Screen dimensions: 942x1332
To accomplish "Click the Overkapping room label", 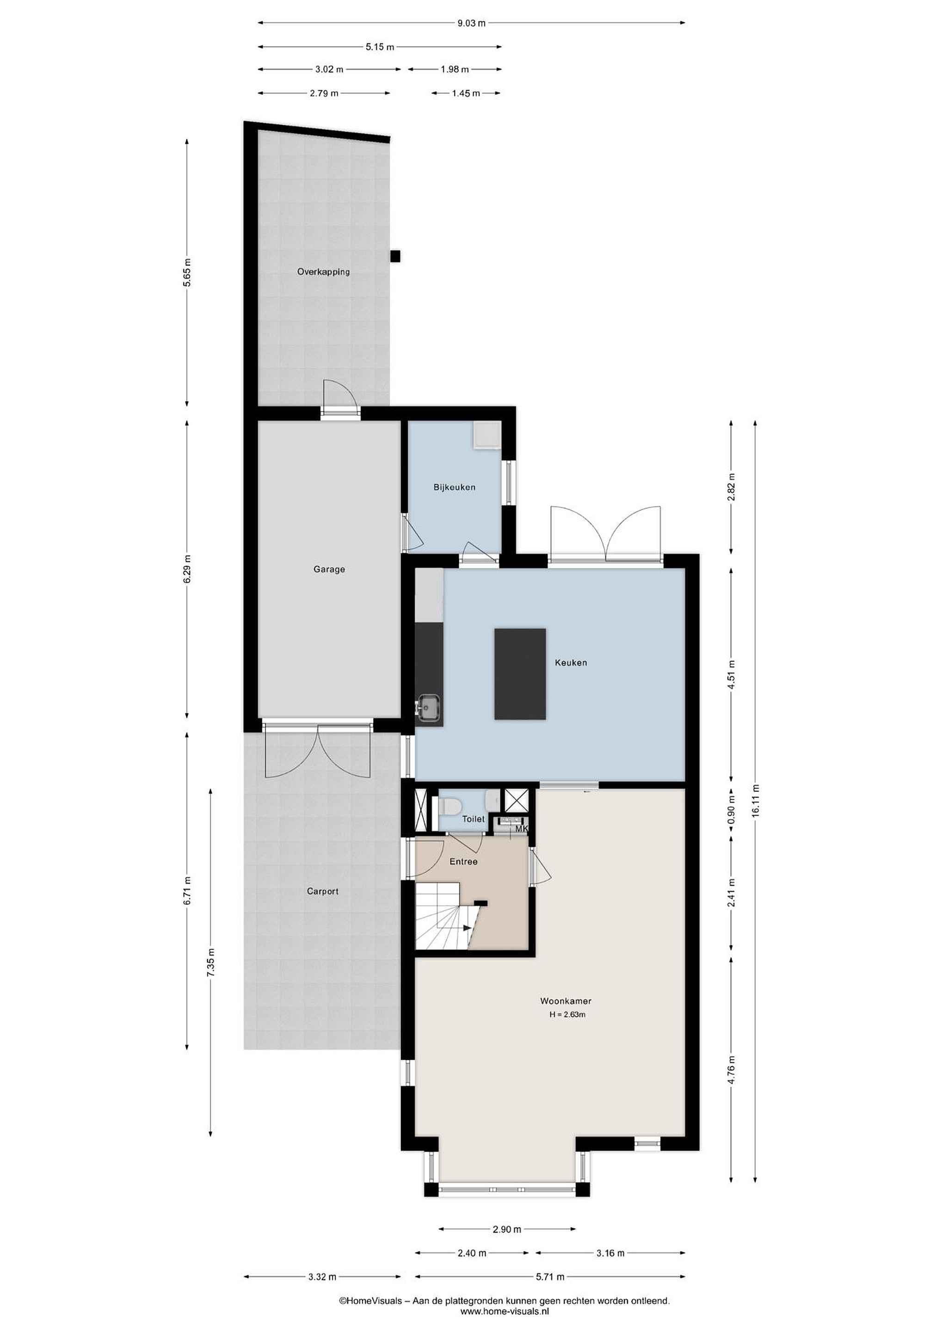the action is [x=323, y=271].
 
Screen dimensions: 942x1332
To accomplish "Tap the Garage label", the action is [x=329, y=569].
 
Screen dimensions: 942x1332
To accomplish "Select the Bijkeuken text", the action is [x=454, y=487].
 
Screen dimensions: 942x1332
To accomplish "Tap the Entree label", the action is [x=463, y=862].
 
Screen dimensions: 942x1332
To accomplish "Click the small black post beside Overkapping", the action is [x=395, y=256].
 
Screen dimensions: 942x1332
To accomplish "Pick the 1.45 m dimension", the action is [x=466, y=93].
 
